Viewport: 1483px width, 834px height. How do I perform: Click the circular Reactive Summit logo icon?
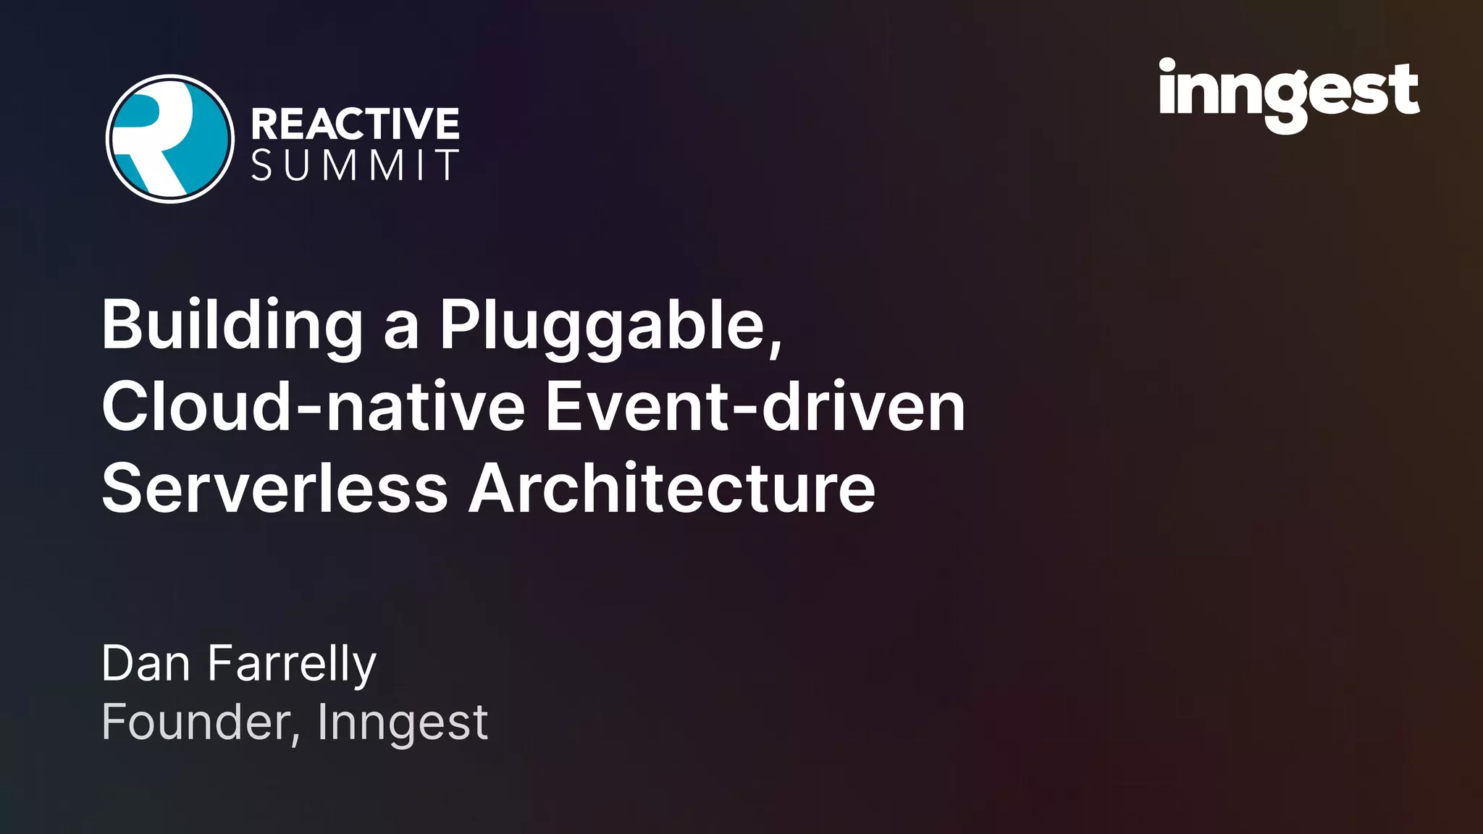(x=170, y=138)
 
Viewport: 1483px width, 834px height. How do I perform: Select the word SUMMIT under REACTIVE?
(x=355, y=166)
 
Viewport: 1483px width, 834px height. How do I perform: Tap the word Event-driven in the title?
(x=755, y=407)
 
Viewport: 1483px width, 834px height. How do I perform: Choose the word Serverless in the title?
(x=275, y=489)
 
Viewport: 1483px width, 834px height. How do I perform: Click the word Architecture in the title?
(x=672, y=489)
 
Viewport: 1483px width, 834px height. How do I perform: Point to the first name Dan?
(x=146, y=663)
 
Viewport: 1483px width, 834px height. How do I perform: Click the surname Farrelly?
(x=292, y=665)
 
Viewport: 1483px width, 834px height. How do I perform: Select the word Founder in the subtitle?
(x=196, y=722)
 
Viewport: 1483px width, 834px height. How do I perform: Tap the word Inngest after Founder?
(x=403, y=723)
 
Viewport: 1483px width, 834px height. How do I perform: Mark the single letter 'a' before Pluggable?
(x=401, y=329)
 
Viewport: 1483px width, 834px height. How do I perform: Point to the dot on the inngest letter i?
(x=1167, y=66)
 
